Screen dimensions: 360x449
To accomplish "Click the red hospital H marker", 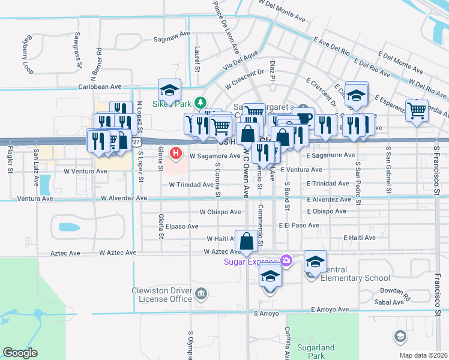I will (176, 154).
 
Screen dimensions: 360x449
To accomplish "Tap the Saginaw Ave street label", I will (172, 35).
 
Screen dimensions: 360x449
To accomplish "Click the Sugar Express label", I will (249, 261).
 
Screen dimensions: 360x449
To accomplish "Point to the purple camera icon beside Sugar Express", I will (286, 261).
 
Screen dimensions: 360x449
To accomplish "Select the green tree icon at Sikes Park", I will (202, 102).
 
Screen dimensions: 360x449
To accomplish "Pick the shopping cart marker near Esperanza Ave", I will (417, 110).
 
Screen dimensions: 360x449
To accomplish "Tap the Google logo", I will (20, 353).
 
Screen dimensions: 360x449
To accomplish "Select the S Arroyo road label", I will (267, 313).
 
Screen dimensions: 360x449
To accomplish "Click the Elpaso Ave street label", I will (182, 227).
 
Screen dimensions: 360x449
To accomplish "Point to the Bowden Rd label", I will (395, 293).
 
